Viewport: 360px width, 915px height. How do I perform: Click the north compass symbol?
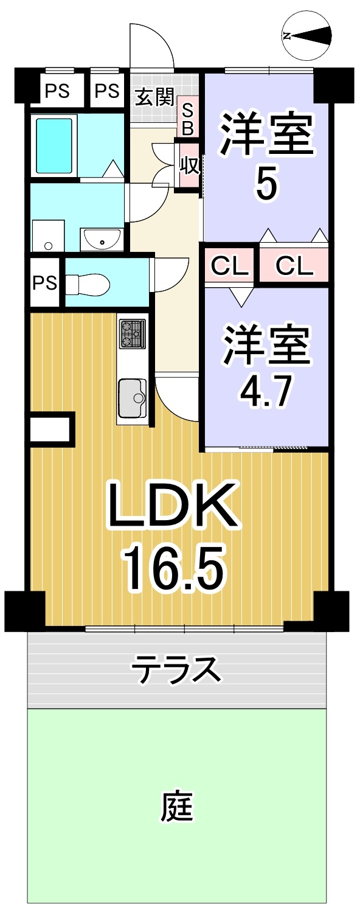pyautogui.click(x=306, y=36)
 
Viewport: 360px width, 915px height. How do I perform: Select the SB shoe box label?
pyautogui.click(x=187, y=119)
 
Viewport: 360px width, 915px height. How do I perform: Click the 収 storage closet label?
pyautogui.click(x=190, y=165)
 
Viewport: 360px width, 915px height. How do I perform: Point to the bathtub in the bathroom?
pyautogui.click(x=55, y=146)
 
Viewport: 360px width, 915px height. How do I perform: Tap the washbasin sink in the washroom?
pyautogui.click(x=102, y=240)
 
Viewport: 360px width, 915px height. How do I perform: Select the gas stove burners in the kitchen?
pyautogui.click(x=132, y=334)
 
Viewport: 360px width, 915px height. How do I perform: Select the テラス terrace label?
pyautogui.click(x=176, y=669)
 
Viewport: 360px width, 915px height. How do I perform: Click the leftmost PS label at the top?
pyautogui.click(x=57, y=90)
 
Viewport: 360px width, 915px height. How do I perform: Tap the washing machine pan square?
pyautogui.click(x=49, y=235)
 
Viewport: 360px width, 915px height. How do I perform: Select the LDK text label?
pyautogui.click(x=173, y=506)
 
